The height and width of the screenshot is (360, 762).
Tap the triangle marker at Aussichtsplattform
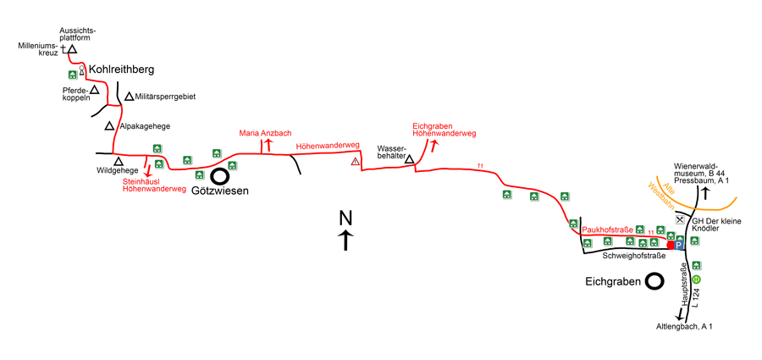click(x=73, y=50)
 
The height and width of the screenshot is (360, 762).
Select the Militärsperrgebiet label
click(x=166, y=97)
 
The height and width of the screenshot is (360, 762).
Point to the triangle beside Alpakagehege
click(x=110, y=126)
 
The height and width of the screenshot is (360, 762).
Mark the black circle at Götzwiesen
click(x=219, y=176)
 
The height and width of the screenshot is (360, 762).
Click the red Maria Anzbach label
click(x=265, y=133)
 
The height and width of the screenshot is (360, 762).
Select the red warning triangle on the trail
click(x=356, y=162)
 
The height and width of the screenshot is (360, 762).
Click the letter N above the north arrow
click(x=345, y=218)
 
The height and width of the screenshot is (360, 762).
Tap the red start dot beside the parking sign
click(x=671, y=245)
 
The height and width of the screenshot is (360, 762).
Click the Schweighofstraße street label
click(x=634, y=254)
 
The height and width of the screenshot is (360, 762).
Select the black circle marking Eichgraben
click(x=654, y=280)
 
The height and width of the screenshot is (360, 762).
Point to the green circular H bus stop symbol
click(x=696, y=280)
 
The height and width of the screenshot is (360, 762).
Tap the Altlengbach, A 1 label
click(x=685, y=326)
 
